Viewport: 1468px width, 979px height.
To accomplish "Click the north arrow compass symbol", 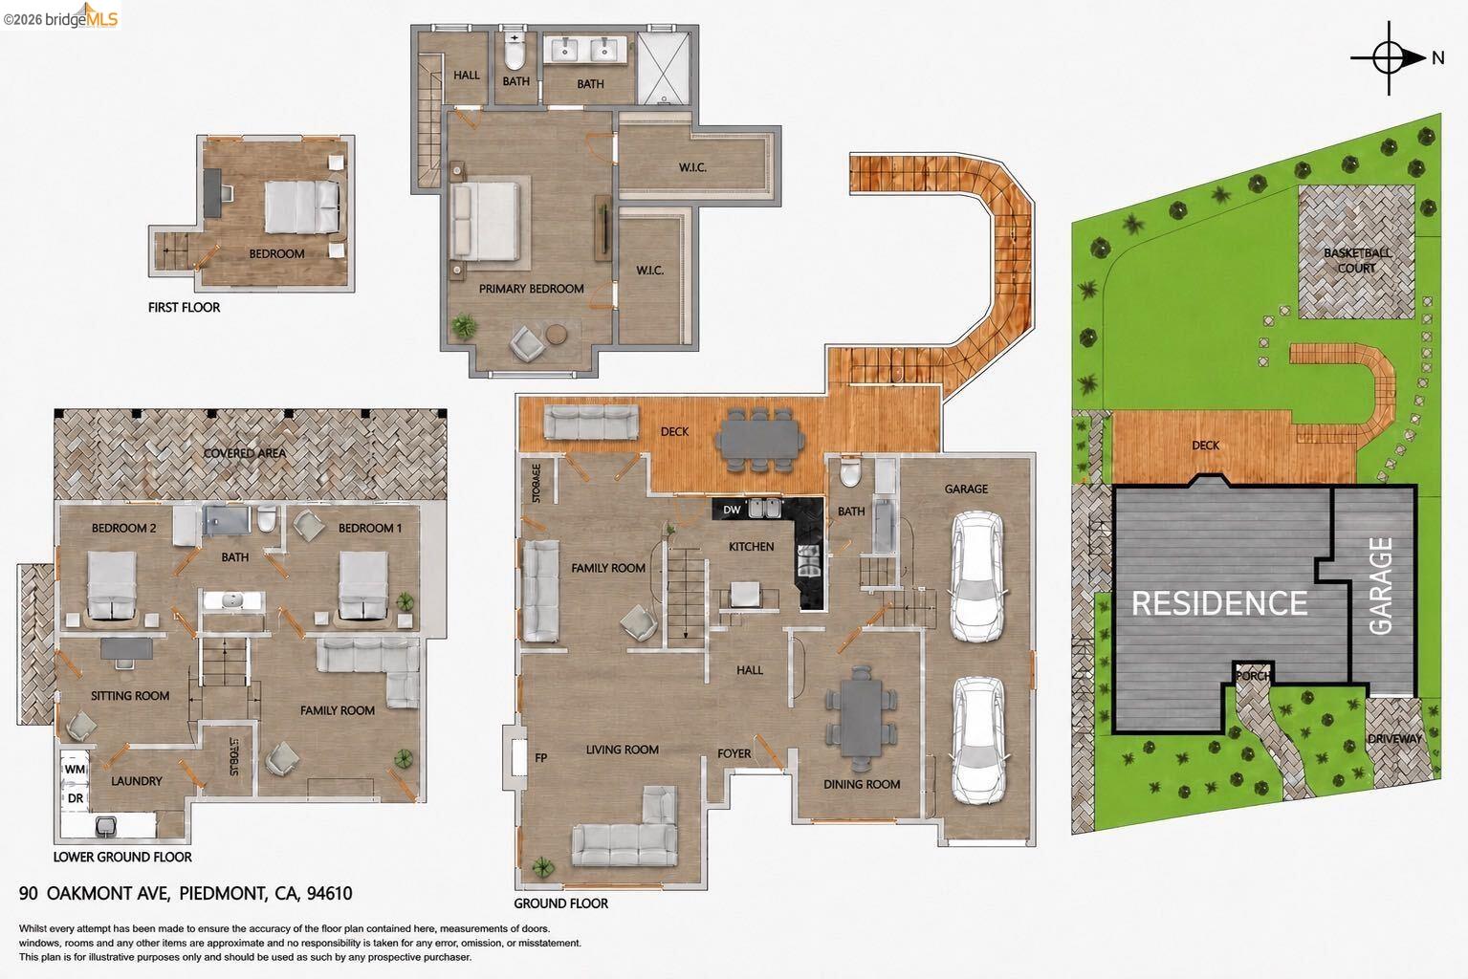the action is (x=1389, y=58).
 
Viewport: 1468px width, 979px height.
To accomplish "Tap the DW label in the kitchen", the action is (x=732, y=510).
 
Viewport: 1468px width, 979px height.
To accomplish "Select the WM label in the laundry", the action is (x=75, y=769).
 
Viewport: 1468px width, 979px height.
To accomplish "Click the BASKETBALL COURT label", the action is (x=1357, y=260).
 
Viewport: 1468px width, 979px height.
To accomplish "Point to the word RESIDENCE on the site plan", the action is (x=1219, y=603).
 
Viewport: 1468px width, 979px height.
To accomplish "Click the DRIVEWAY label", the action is (x=1394, y=738).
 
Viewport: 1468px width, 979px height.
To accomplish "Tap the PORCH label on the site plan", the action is (x=1253, y=675).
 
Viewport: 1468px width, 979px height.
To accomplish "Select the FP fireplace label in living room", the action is (x=540, y=757).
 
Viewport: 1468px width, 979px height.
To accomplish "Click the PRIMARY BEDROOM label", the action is (x=531, y=289).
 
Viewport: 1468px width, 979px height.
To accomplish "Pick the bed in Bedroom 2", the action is (x=111, y=585).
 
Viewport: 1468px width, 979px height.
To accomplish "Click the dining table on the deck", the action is (x=760, y=439).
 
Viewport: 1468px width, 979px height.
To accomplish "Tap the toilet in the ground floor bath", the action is (x=850, y=473).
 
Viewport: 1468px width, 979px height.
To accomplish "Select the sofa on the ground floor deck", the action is (x=591, y=422).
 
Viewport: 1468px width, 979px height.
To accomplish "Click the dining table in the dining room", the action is (x=861, y=718).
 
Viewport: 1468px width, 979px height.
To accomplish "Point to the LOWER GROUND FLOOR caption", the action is (x=122, y=858).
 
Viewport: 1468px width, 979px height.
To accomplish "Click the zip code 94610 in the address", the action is (x=330, y=893).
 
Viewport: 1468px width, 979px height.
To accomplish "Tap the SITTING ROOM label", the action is (x=130, y=696).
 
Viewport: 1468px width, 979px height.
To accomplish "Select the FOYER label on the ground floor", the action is (x=734, y=753).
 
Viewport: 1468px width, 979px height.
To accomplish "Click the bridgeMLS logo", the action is (x=60, y=15).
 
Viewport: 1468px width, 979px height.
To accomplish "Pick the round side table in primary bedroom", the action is (x=557, y=334).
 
